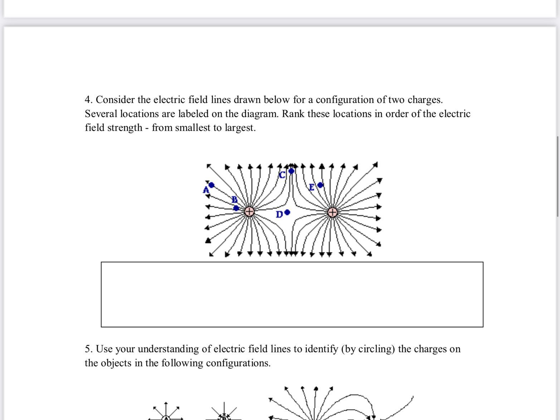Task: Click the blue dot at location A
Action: (211, 185)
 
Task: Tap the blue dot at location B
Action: (236, 208)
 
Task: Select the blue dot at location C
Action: (292, 171)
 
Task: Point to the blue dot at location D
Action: (287, 213)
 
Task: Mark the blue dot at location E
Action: (320, 185)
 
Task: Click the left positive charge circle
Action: (249, 212)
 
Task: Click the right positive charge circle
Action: (332, 212)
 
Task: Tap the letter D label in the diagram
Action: (279, 215)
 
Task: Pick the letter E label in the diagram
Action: (312, 187)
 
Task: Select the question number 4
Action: (88, 100)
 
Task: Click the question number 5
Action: (88, 349)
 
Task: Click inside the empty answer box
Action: (292, 294)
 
